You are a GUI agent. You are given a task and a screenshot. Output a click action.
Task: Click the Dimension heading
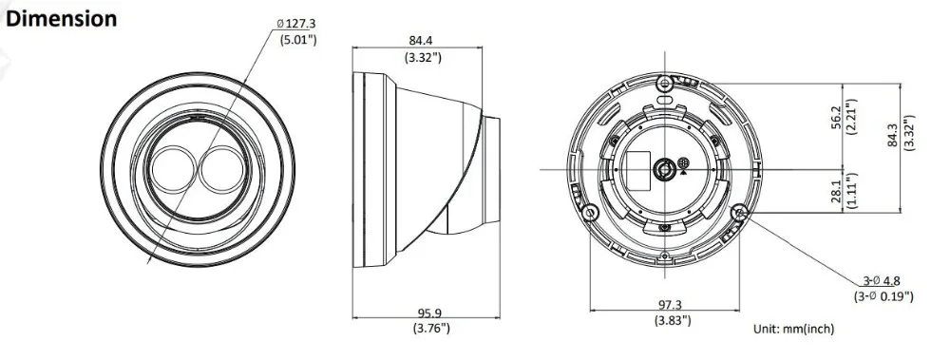61,19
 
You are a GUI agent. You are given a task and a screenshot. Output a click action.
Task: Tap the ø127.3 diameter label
296,25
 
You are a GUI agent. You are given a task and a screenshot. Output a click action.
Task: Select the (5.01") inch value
298,40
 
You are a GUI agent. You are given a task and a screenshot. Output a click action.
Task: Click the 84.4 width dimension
421,41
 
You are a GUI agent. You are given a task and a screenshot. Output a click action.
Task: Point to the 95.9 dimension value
429,313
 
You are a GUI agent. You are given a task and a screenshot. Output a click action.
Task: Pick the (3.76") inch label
431,329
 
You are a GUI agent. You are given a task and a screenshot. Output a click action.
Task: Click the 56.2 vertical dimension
837,118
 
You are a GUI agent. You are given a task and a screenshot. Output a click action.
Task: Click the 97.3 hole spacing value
669,305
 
